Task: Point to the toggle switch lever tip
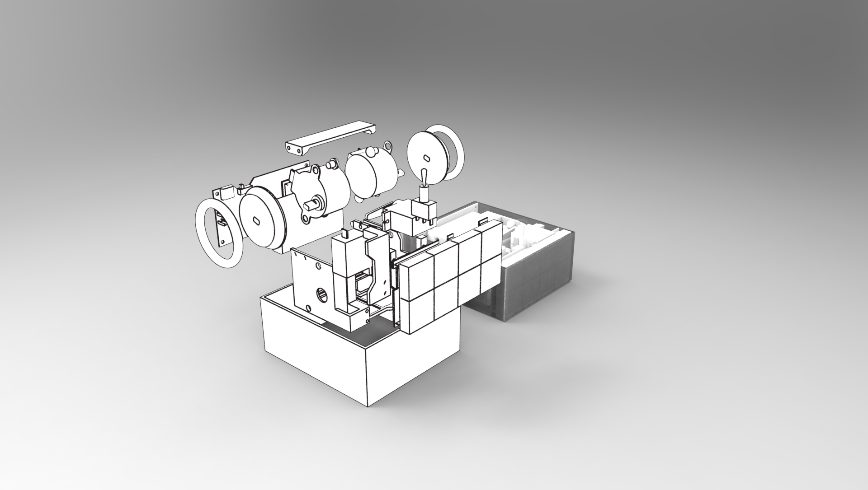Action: tap(424, 174)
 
